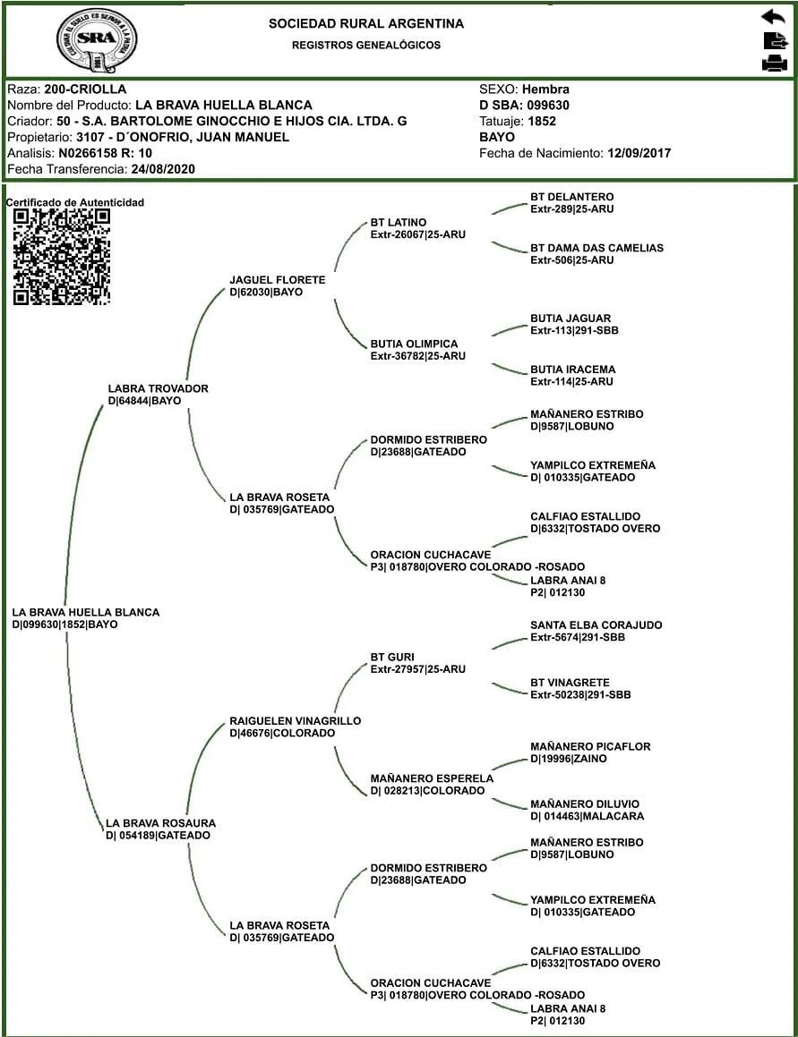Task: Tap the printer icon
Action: pyautogui.click(x=773, y=63)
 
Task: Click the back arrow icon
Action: pyautogui.click(x=772, y=17)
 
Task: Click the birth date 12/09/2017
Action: pyautogui.click(x=639, y=153)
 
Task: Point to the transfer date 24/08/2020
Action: pyautogui.click(x=162, y=169)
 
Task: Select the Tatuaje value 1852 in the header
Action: pyautogui.click(x=542, y=121)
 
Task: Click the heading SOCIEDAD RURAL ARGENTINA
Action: pyautogui.click(x=366, y=24)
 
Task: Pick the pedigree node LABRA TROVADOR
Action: pyautogui.click(x=158, y=389)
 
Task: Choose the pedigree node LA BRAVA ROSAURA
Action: pyautogui.click(x=160, y=823)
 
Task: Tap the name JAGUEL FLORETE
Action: pyautogui.click(x=278, y=280)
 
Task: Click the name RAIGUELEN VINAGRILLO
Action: pyautogui.click(x=295, y=721)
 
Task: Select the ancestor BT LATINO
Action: pyautogui.click(x=399, y=223)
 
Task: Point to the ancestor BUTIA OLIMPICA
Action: pyautogui.click(x=414, y=344)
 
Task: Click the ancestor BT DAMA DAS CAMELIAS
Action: pyautogui.click(x=596, y=248)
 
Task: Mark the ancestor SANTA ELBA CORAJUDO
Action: pyautogui.click(x=596, y=625)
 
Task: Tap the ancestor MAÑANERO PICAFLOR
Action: pyautogui.click(x=590, y=746)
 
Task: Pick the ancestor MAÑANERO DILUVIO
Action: pyautogui.click(x=585, y=803)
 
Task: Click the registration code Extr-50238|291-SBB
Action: pyautogui.click(x=580, y=695)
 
